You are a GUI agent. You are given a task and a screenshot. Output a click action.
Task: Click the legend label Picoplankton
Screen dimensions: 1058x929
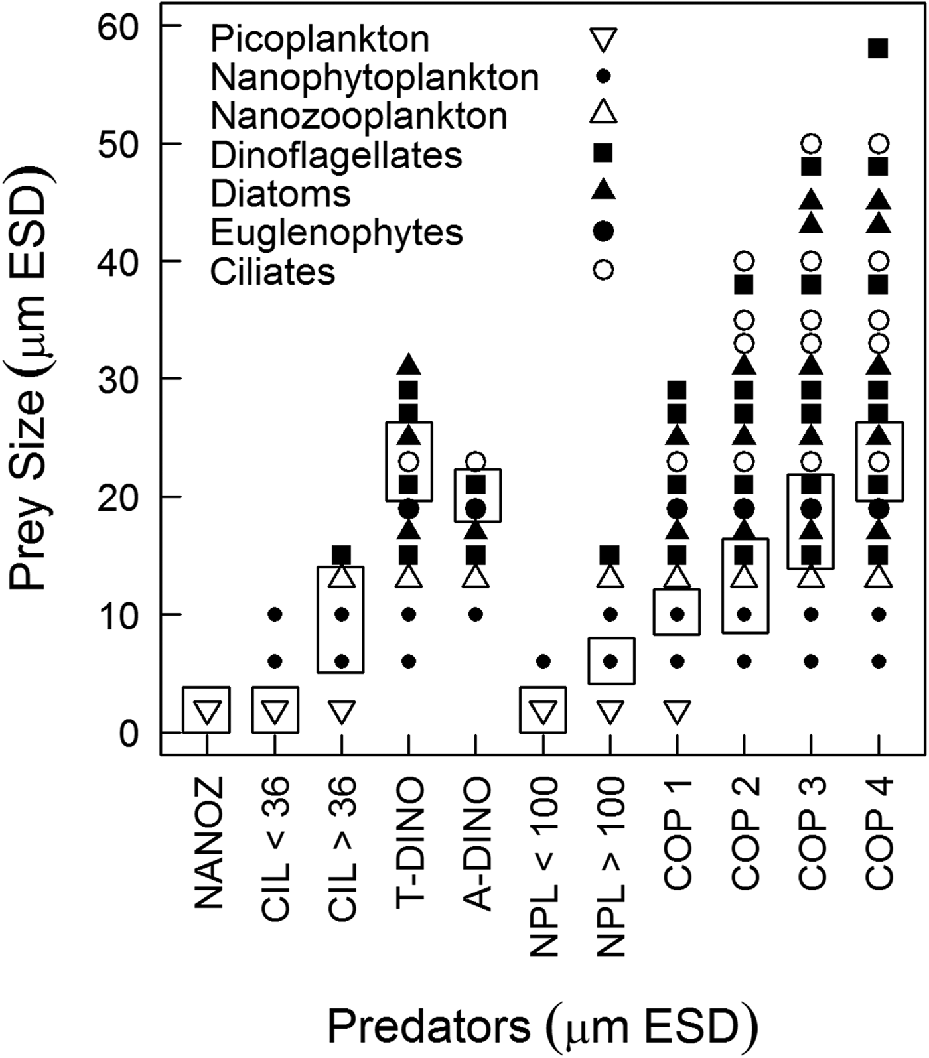320,39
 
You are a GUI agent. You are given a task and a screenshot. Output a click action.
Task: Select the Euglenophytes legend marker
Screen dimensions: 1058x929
603,231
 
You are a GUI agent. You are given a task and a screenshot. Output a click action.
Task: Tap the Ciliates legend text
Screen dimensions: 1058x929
273,272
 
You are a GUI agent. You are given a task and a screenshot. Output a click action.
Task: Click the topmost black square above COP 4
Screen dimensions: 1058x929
879,48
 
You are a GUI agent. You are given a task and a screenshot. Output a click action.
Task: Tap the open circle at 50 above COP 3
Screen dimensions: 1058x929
812,143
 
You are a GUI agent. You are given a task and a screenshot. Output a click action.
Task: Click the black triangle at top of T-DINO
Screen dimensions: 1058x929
409,364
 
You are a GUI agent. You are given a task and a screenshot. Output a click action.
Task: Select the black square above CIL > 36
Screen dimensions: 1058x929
341,554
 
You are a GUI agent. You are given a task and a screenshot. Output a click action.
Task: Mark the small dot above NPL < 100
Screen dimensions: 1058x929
543,661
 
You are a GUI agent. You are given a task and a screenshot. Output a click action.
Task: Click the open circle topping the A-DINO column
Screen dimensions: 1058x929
476,460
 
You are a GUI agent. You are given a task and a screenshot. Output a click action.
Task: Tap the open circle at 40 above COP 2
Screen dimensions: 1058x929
745,261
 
